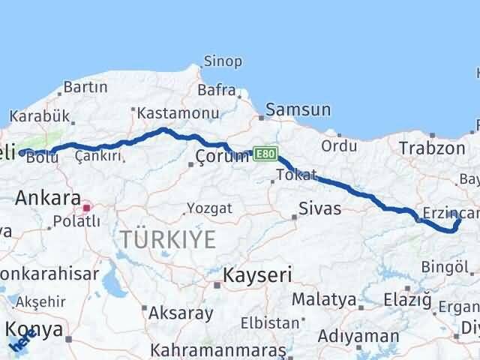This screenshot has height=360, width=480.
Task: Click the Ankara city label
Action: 47,199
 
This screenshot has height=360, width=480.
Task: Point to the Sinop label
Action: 223,61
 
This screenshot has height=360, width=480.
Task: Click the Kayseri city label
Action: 257,274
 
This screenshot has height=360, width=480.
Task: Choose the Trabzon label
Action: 433,148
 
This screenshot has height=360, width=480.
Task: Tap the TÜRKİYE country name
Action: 169,240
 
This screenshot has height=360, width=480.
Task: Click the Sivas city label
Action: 320,208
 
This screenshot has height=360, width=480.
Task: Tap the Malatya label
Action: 323,299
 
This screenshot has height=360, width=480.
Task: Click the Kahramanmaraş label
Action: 218,349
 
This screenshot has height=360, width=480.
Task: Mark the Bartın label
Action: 86,88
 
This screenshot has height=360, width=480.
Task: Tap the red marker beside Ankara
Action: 88,207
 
